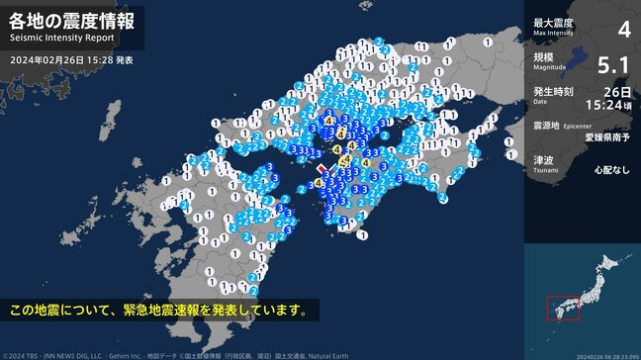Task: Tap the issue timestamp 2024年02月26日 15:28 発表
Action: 71,60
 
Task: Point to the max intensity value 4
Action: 623,28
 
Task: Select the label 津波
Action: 543,159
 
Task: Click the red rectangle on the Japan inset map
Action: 562,308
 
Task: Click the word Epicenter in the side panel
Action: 578,128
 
